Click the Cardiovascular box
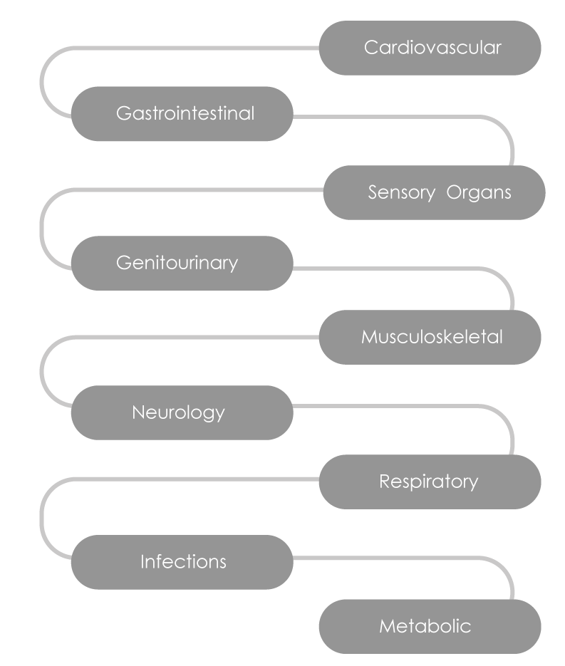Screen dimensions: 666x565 pos(430,48)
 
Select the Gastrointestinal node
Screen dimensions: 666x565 pos(182,114)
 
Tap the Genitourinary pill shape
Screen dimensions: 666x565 pos(182,263)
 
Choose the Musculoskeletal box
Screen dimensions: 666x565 pos(430,337)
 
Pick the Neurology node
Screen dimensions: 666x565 pos(182,412)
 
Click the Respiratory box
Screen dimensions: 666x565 pos(430,482)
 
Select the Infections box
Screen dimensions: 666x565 pos(182,562)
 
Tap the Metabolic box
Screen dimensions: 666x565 pos(430,626)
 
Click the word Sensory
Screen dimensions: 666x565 pos(400,193)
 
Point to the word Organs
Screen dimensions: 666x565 pos(480,193)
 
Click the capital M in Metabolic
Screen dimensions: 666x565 pos(387,626)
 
